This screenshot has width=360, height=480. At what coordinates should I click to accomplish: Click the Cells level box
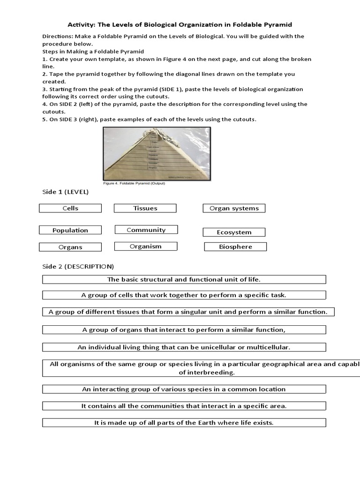point(70,208)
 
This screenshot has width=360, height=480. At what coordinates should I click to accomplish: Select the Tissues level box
point(145,208)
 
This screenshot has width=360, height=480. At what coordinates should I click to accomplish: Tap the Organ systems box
point(234,208)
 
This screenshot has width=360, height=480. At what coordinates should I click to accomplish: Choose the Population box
point(70,230)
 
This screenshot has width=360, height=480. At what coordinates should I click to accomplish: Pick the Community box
point(146,230)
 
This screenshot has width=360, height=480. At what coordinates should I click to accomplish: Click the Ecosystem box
point(234,232)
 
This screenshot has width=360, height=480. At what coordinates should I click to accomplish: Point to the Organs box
point(70,247)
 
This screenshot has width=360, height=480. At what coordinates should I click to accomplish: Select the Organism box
point(146,246)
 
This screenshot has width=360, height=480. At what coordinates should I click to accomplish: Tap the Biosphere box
point(235,247)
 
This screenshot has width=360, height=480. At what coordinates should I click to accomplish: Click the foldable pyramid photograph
point(157,154)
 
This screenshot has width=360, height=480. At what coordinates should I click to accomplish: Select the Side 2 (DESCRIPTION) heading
point(78,266)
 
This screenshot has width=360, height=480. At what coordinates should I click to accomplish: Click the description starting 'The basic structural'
point(184,279)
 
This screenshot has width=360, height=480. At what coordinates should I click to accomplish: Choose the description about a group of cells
point(184,295)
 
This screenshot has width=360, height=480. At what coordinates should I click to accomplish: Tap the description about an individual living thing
point(184,347)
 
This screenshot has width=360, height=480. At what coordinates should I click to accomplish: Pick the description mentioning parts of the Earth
point(184,423)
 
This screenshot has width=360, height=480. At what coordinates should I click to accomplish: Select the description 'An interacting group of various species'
point(184,389)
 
